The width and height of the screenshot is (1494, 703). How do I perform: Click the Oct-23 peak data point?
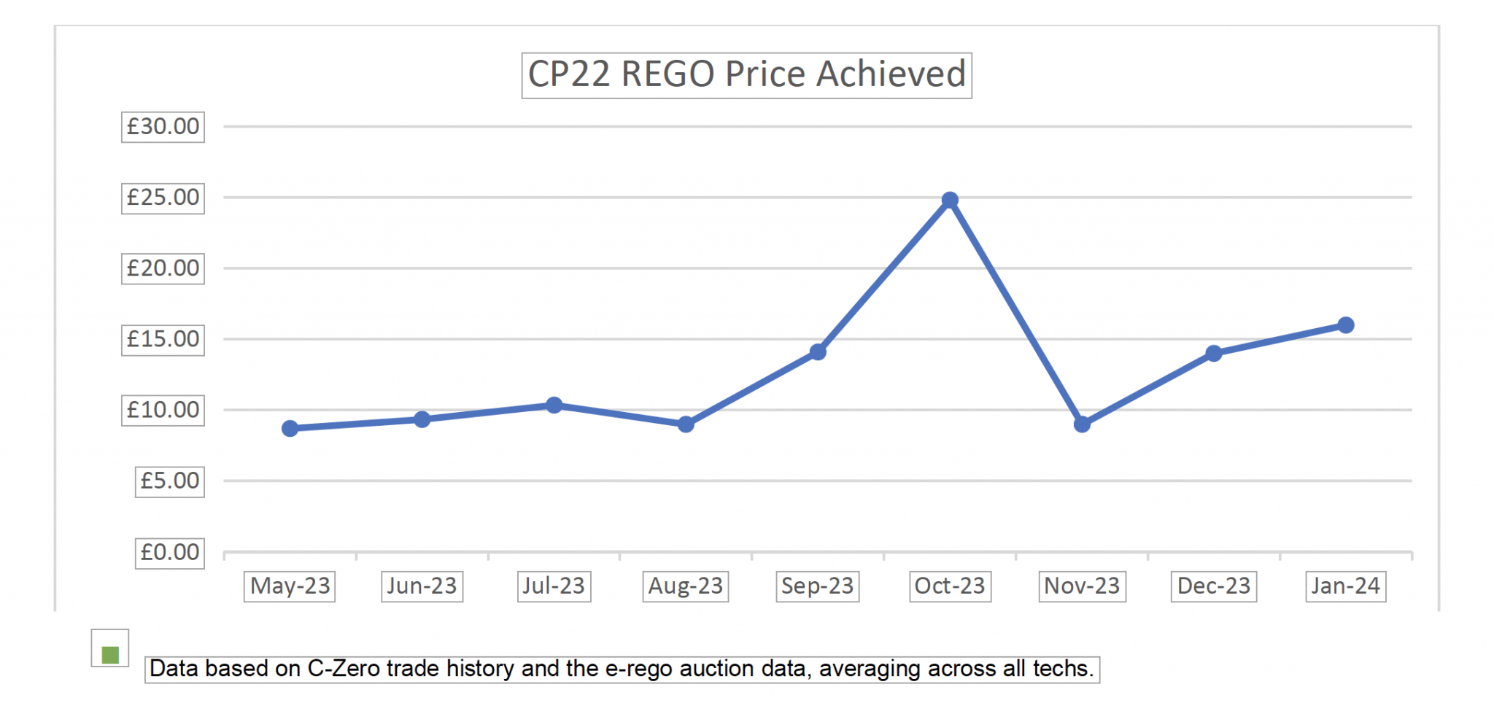coord(950,200)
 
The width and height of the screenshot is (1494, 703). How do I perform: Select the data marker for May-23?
coord(290,428)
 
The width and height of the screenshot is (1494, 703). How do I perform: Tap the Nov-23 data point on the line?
coord(1082,424)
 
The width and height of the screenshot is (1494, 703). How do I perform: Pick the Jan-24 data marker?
coord(1346,325)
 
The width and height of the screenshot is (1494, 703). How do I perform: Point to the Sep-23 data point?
coord(818,352)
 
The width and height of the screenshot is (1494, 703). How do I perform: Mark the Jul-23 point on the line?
coord(554,405)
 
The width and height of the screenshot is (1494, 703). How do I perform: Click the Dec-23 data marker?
coord(1214,354)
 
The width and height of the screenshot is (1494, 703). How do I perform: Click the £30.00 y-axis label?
coord(163,127)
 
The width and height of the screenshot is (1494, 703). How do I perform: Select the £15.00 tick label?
coord(163,339)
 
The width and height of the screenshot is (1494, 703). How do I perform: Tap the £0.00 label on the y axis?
coord(169,552)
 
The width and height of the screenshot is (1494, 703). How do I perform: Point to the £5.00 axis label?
coord(169,481)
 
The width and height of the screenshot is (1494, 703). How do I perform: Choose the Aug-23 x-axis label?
coord(685,586)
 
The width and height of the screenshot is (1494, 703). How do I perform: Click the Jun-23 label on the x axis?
coord(422,586)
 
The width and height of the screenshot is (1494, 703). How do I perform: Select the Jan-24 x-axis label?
coord(1345,586)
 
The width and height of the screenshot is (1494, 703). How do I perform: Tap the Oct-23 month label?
coord(950,586)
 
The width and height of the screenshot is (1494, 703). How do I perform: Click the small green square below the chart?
coord(110,655)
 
